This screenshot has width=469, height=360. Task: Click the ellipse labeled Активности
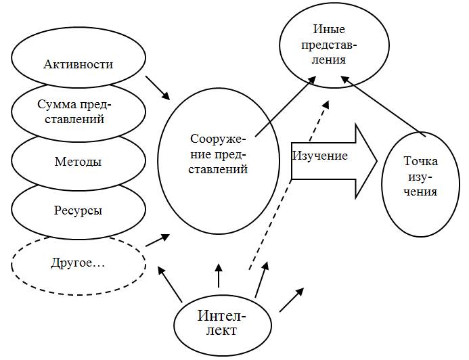78,65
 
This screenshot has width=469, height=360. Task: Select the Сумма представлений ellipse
77,112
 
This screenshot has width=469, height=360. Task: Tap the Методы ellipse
78,162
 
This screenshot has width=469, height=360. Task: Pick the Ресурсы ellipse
78,210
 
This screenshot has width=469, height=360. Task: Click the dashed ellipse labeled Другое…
79,262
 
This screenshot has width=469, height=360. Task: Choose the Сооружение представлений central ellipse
218,155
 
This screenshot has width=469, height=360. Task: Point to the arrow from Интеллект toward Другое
170,284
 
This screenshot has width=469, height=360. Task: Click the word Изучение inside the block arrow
320,156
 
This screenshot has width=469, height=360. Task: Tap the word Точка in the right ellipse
420,162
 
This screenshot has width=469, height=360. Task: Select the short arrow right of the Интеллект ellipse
292,299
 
